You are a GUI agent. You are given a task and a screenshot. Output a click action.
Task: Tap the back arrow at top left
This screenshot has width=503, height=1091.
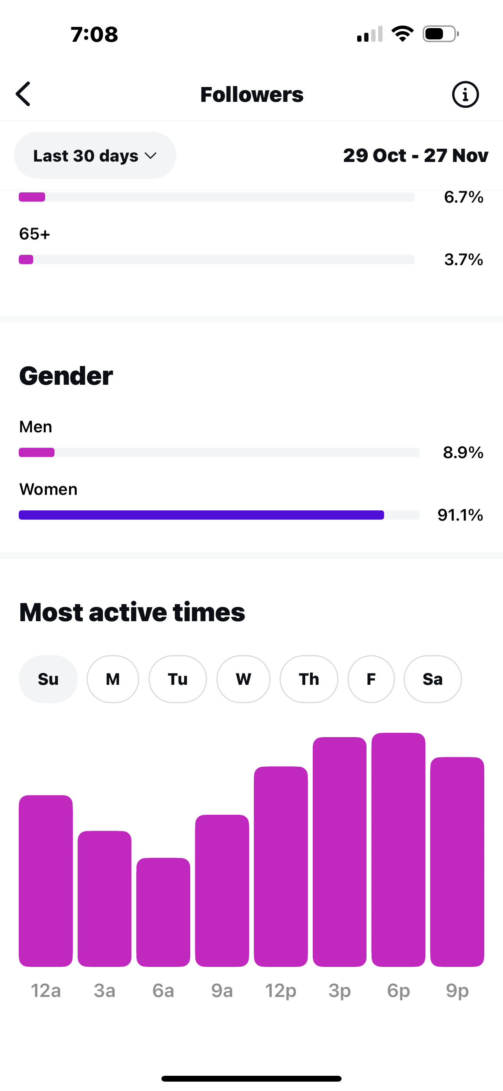click(24, 94)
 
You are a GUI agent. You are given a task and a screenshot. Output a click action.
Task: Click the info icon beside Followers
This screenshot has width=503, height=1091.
click(465, 94)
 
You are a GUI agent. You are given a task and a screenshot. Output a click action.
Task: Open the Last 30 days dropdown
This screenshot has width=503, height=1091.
click(95, 155)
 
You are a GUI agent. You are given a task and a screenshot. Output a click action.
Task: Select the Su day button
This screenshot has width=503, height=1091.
click(48, 679)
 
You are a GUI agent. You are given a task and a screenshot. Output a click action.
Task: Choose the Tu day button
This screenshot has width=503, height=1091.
click(177, 679)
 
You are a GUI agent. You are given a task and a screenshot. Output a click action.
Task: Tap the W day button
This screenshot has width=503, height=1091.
click(243, 679)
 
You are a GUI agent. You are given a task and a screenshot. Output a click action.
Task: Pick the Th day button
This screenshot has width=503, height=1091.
click(309, 679)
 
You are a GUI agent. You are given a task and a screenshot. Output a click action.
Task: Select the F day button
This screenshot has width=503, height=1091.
click(371, 679)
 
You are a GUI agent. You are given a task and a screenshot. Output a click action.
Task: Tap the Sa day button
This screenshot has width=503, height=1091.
click(432, 679)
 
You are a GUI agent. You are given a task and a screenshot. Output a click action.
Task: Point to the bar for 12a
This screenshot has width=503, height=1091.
click(46, 881)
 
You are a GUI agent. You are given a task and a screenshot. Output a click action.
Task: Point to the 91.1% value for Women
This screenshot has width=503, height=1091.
click(460, 515)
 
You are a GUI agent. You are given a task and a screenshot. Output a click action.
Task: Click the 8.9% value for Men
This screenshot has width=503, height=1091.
click(463, 452)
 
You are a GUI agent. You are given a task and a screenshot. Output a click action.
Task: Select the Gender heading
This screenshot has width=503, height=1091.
click(66, 376)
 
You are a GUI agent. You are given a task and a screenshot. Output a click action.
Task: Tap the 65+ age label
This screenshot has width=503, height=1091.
click(35, 234)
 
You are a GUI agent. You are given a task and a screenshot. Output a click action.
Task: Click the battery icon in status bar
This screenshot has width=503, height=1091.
click(440, 34)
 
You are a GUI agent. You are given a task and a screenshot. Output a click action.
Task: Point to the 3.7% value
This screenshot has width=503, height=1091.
click(463, 259)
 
